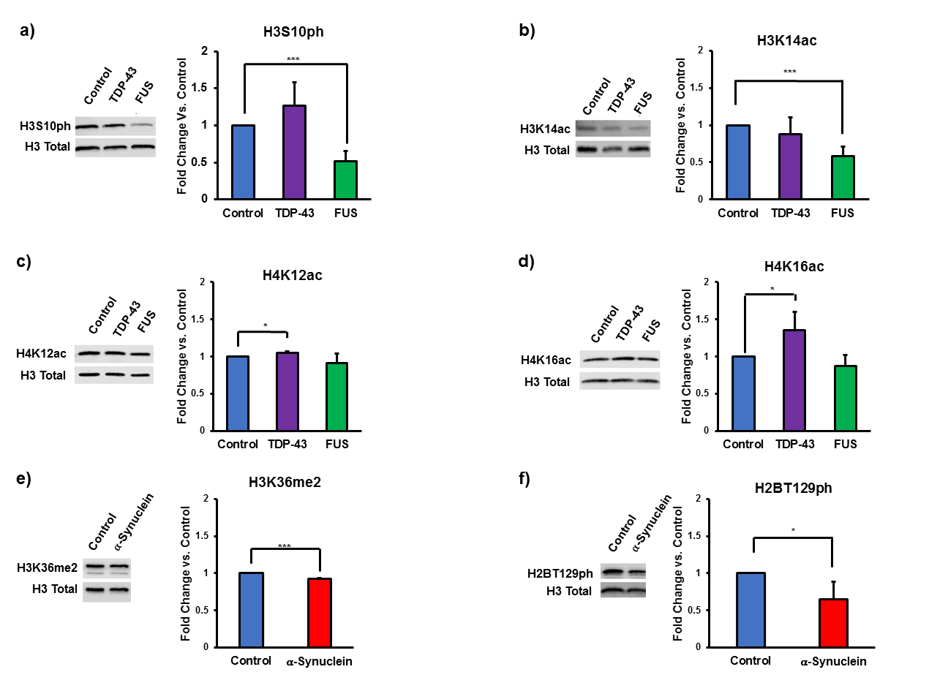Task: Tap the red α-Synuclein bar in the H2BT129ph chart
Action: point(832,623)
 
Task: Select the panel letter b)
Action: point(527,31)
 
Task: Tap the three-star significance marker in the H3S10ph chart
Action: point(294,59)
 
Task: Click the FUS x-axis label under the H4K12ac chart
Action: point(337,444)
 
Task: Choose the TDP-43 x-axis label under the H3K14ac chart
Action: point(789,213)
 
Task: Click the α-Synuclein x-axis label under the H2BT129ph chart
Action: point(831,661)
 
